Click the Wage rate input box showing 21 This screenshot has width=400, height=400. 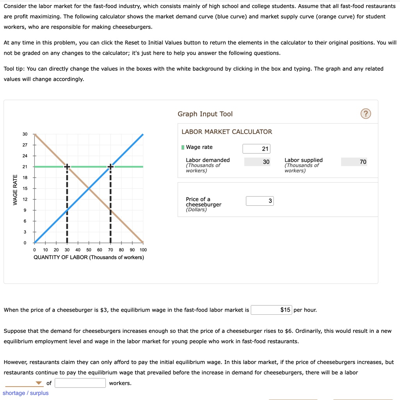pyautogui.click(x=256, y=149)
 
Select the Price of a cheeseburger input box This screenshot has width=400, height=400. pyautogui.click(x=260, y=201)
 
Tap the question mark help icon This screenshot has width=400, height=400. pyautogui.click(x=365, y=114)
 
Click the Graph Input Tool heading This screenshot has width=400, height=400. pyautogui.click(x=205, y=114)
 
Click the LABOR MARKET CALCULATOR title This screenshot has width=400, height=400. pyautogui.click(x=227, y=132)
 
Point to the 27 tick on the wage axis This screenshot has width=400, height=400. pyautogui.click(x=25, y=145)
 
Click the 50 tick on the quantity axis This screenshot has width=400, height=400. pyautogui.click(x=89, y=250)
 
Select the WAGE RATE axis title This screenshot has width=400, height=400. pyautogui.click(x=15, y=190)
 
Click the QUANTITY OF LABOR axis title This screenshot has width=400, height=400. pyautogui.click(x=89, y=257)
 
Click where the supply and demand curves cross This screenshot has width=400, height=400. pyautogui.click(x=89, y=188)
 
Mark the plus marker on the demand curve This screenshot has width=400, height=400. pyautogui.click(x=67, y=167)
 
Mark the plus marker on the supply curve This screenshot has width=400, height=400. pyautogui.click(x=111, y=167)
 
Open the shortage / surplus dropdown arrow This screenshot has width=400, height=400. pyautogui.click(x=38, y=383)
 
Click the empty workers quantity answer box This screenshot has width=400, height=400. pyautogui.click(x=80, y=383)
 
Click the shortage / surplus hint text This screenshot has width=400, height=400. pyautogui.click(x=26, y=393)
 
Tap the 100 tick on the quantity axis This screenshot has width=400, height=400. pyautogui.click(x=143, y=250)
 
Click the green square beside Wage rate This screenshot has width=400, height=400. pyautogui.click(x=183, y=147)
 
